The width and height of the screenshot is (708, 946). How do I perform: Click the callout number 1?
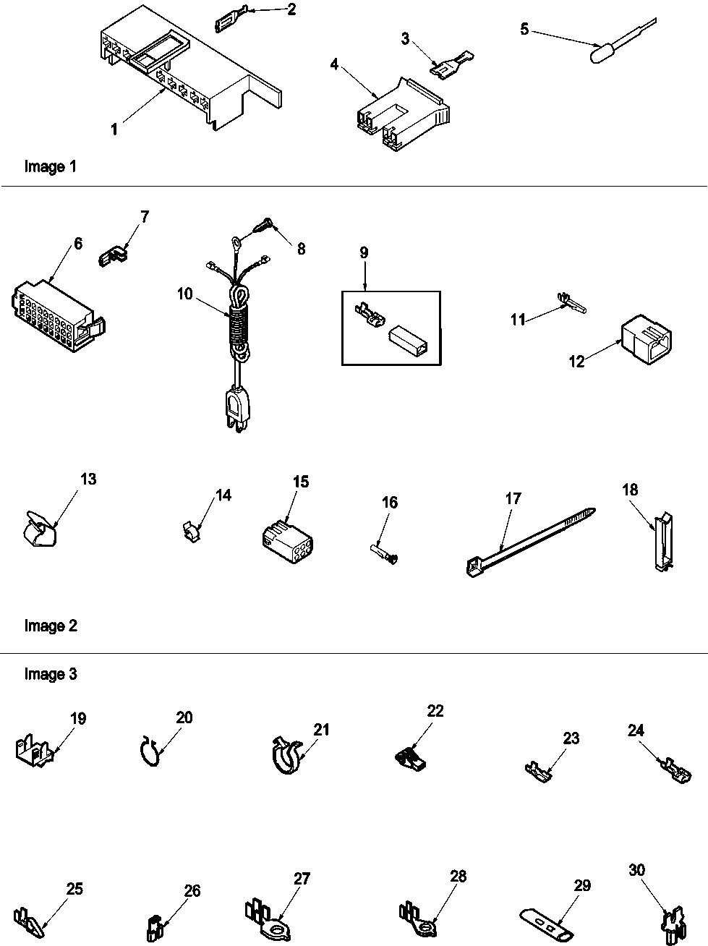click(x=114, y=129)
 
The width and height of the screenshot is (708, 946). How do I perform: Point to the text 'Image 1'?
click(x=50, y=167)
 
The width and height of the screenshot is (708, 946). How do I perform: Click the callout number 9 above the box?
click(x=364, y=252)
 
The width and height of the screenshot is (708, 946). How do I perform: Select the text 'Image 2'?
click(x=50, y=626)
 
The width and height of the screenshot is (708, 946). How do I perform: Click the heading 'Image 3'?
click(x=50, y=674)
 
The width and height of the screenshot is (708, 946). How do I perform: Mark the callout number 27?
click(x=302, y=879)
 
